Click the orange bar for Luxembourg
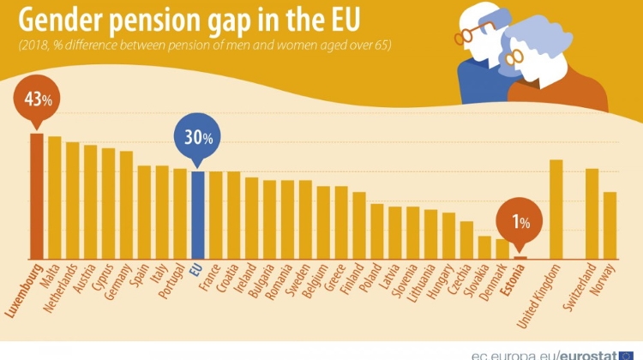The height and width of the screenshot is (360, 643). pos(37,195)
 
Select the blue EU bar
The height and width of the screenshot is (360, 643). pos(198,214)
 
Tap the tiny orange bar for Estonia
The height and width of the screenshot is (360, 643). pos(520,257)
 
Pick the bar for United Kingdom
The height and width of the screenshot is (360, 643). pos(556,208)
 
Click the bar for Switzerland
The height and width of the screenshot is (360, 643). pos(592,213)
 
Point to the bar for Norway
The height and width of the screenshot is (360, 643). pos(610,225)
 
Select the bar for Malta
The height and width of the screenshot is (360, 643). pos(55,197)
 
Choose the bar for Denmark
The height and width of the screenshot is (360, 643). pos(502,249)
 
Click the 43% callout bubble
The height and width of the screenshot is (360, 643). pos(36,99)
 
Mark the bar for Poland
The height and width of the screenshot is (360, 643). pos(376,231)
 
